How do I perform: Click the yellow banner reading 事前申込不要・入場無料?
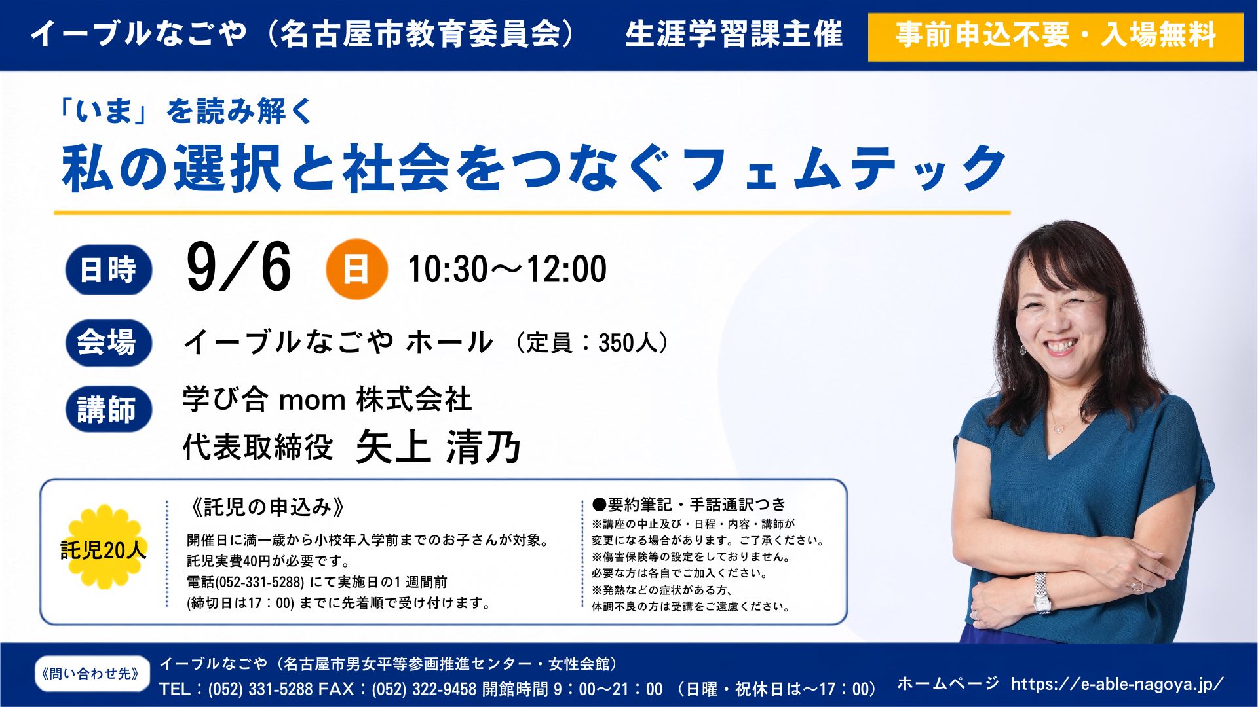(1055, 37)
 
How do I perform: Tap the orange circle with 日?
(356, 269)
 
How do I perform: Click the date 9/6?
(238, 266)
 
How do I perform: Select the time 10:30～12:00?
(507, 269)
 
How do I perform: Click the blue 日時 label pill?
(108, 270)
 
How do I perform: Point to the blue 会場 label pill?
(108, 342)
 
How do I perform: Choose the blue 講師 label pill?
(108, 410)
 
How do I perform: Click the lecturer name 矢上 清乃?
(438, 448)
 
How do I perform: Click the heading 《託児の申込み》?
(267, 507)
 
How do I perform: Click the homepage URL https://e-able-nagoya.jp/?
(1117, 684)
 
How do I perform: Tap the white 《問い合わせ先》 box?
(92, 674)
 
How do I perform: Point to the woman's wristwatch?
(1041, 593)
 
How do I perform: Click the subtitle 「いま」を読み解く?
(185, 111)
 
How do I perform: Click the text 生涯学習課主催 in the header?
(734, 35)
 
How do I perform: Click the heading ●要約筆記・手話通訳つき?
(689, 504)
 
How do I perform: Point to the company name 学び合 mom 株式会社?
(327, 399)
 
